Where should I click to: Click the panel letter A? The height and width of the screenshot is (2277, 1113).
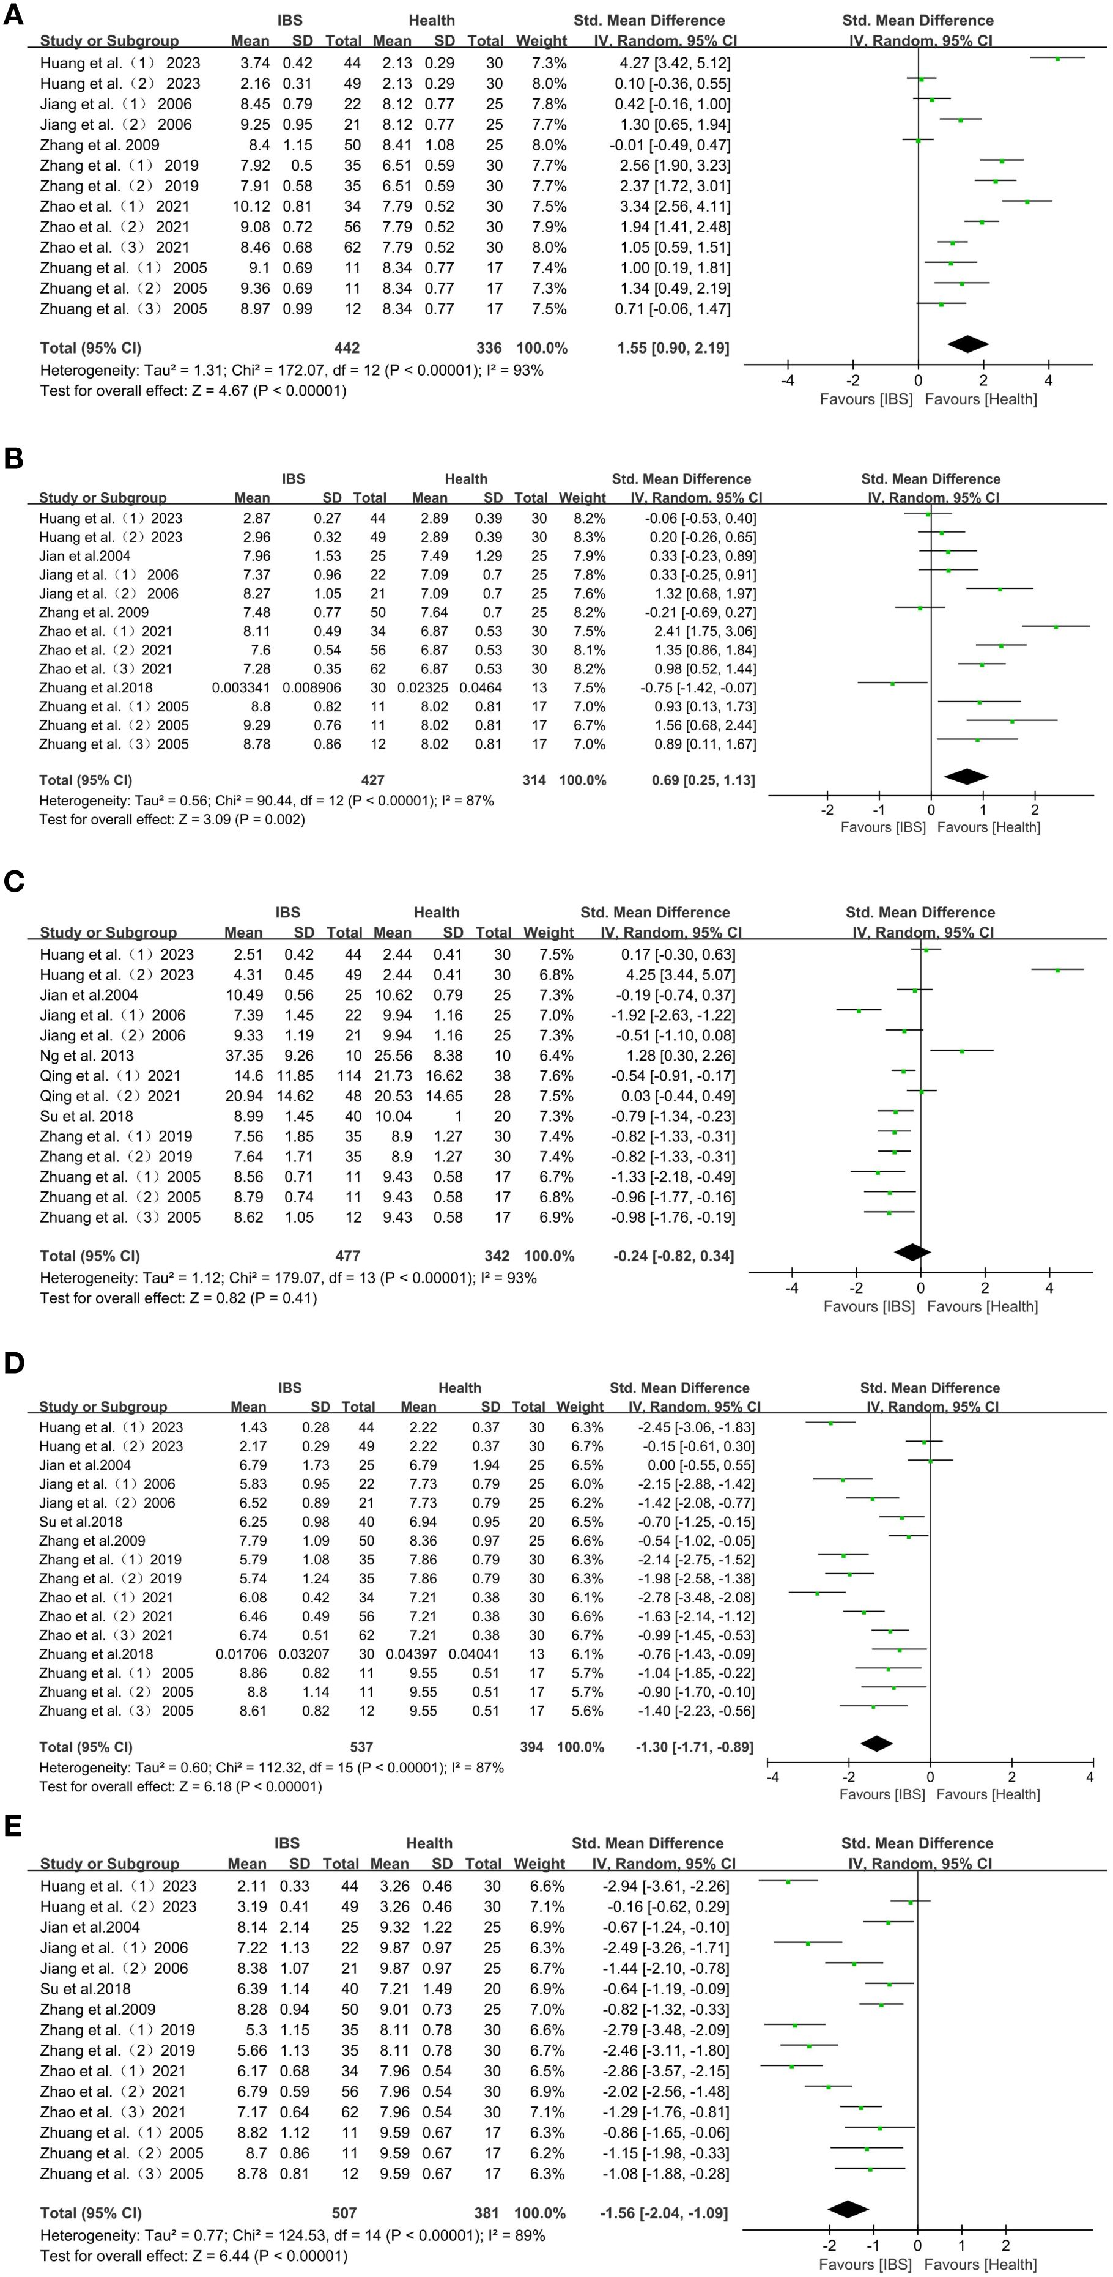click(13, 16)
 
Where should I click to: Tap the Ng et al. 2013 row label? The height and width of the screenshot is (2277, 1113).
click(87, 1056)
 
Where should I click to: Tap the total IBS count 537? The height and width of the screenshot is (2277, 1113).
click(361, 1747)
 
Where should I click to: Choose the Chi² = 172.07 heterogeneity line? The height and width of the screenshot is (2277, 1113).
click(291, 371)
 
